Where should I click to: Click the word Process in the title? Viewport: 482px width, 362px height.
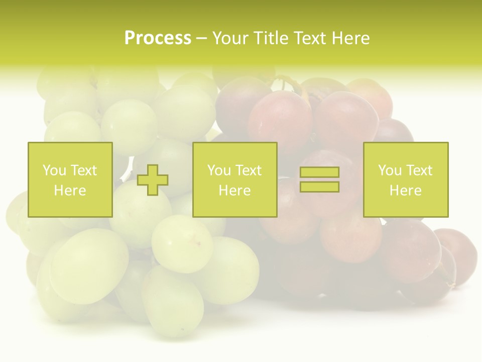point(158,38)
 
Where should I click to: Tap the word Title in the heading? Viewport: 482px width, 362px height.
point(273,38)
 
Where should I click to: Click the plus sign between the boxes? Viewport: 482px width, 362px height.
point(153,179)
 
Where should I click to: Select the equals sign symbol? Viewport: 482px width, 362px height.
point(319,179)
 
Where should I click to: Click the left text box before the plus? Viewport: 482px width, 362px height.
point(70,179)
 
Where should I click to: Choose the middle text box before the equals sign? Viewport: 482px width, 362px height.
point(234,179)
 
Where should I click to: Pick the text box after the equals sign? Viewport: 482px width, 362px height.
point(405,179)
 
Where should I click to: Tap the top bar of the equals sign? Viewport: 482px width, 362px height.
point(319,172)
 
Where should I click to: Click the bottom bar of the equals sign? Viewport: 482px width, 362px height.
point(319,187)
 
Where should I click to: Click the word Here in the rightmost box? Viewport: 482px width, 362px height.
point(405,191)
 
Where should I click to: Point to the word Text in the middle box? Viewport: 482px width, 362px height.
point(249,170)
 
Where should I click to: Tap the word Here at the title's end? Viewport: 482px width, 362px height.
point(351,38)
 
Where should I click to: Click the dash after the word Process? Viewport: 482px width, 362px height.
point(202,39)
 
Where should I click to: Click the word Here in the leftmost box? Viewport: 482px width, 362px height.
point(70,191)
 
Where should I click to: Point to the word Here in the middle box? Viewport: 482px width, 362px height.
point(234,191)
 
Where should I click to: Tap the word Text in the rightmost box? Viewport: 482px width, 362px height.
point(419,170)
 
